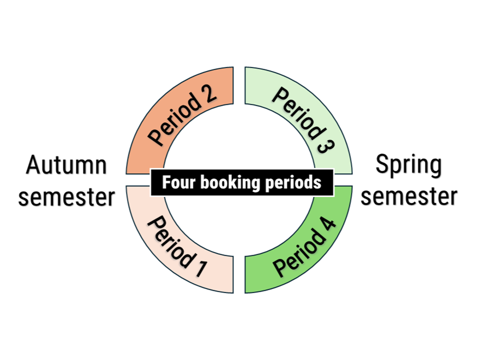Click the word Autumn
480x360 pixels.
coord(67,165)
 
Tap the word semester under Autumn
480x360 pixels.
coord(67,196)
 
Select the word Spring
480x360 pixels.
coord(409,165)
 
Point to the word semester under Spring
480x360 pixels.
coord(409,196)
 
